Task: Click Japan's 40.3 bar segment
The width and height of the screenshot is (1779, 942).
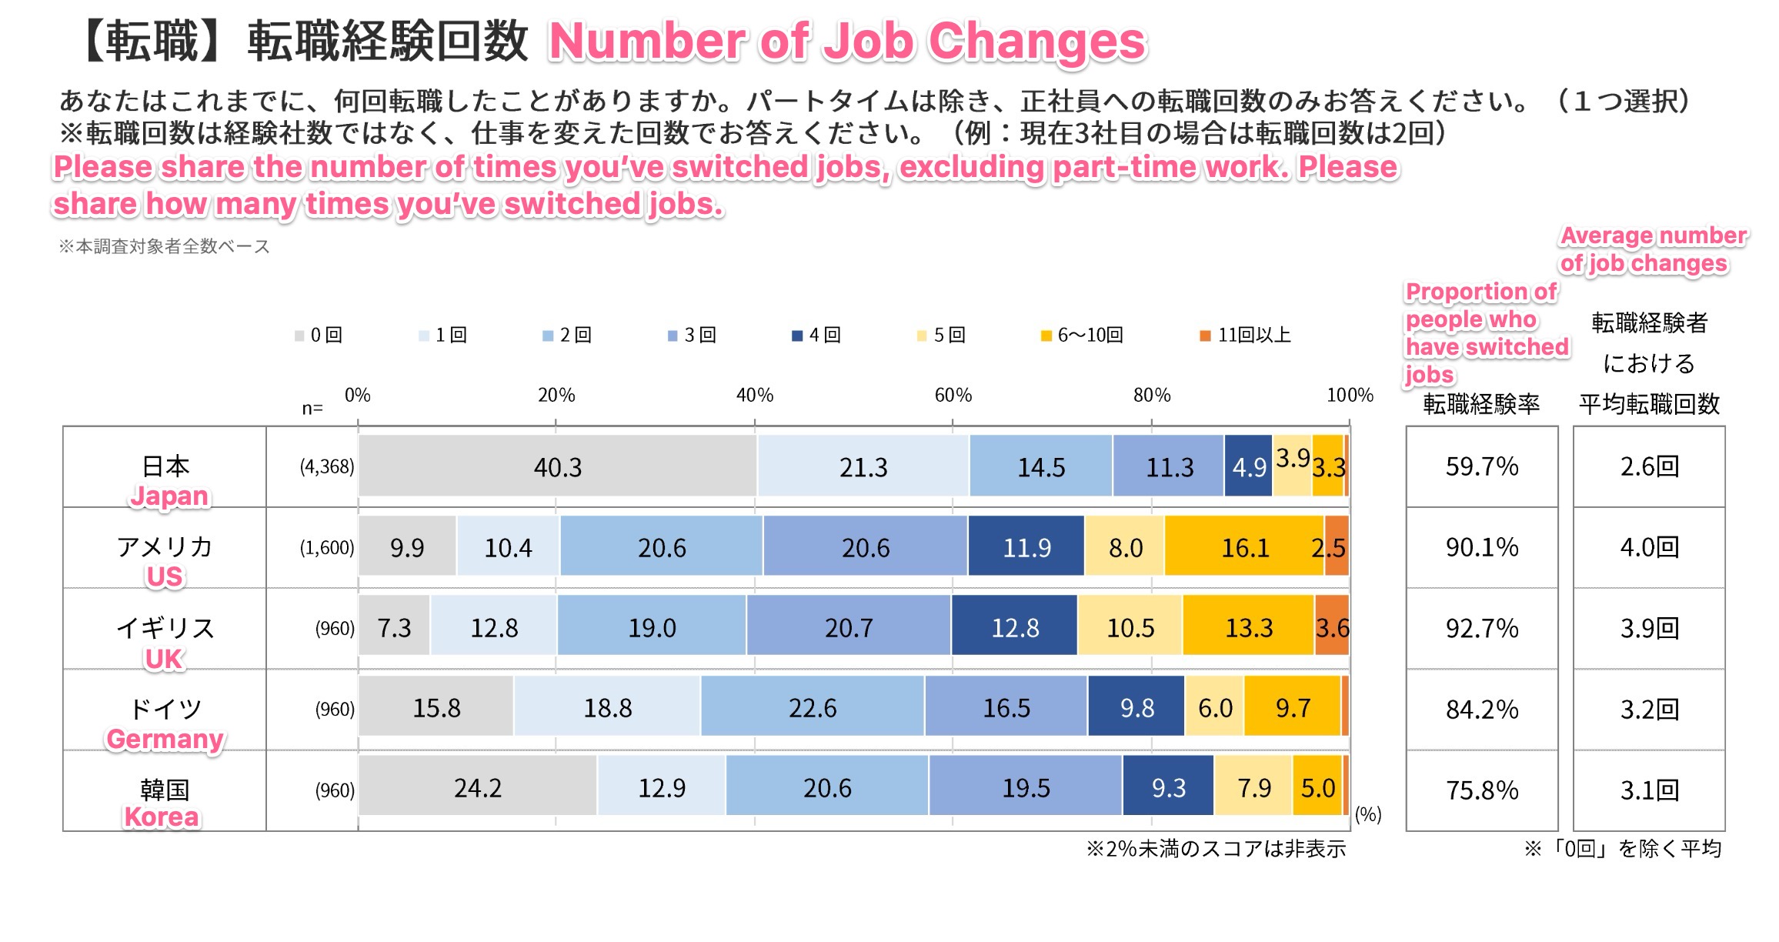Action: point(558,466)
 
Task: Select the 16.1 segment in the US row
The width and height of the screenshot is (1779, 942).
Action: point(1244,547)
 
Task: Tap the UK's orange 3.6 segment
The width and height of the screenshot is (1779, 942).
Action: point(1332,628)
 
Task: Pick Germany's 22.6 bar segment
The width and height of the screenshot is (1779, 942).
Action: point(813,707)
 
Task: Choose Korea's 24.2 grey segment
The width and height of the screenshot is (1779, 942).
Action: point(478,787)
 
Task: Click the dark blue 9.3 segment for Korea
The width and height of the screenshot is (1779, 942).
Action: point(1168,787)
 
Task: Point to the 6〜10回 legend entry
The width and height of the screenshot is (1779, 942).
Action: point(1083,335)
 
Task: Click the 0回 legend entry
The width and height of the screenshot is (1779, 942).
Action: point(319,335)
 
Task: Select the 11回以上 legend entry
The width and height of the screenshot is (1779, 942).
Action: point(1247,335)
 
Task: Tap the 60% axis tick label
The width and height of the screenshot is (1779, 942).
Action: point(953,395)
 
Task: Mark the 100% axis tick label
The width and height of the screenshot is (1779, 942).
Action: point(1350,395)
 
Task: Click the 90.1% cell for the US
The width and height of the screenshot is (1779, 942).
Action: point(1482,547)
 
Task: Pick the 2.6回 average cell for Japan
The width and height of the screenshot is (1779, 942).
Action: point(1649,466)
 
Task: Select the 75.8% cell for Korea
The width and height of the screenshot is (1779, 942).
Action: point(1482,790)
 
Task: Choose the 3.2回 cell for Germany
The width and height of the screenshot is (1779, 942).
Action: point(1649,709)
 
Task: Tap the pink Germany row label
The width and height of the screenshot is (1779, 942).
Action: point(165,739)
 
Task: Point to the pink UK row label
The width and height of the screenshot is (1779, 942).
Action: point(164,659)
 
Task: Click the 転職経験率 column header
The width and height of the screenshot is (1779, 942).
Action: point(1481,404)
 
